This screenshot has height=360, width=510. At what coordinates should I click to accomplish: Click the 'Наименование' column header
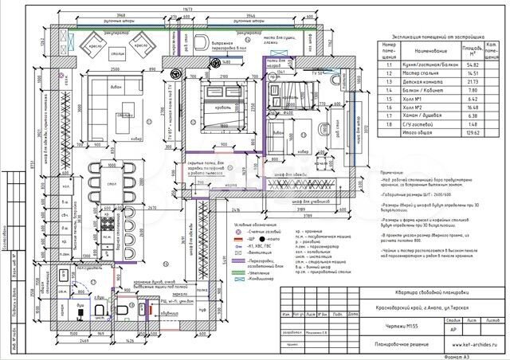pyautogui.click(x=423, y=48)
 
